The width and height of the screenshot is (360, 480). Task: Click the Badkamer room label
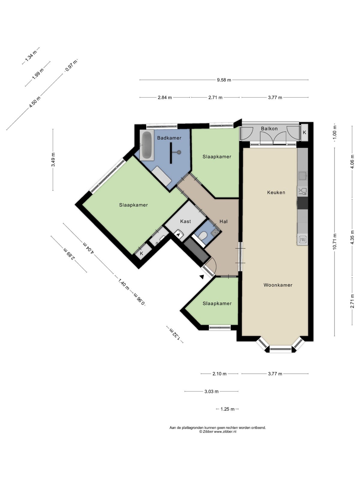click(x=169, y=138)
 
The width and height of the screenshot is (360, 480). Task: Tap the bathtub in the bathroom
click(x=147, y=145)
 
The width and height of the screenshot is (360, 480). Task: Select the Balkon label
click(x=269, y=129)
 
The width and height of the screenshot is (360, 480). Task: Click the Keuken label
click(x=276, y=192)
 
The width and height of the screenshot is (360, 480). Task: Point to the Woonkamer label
click(x=278, y=285)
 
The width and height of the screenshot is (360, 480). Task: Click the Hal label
click(x=223, y=221)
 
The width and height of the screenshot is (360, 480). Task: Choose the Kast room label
click(x=186, y=221)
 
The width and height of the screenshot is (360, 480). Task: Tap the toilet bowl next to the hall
click(x=203, y=236)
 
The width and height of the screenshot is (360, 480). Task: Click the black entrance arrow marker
click(x=202, y=277)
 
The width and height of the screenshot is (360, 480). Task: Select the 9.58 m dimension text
click(x=224, y=80)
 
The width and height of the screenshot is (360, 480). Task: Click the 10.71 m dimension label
click(x=334, y=241)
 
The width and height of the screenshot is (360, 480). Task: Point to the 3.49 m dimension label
click(x=53, y=160)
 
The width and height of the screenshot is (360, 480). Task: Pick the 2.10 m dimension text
click(x=219, y=374)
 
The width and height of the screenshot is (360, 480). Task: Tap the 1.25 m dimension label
click(x=227, y=409)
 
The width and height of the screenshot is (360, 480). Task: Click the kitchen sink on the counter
click(x=303, y=175)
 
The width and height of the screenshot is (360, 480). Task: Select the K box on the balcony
click(x=304, y=132)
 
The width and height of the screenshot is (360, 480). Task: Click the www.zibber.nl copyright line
click(x=218, y=431)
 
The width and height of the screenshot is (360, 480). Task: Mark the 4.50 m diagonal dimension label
click(x=35, y=102)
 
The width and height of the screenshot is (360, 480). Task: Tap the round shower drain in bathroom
click(x=179, y=152)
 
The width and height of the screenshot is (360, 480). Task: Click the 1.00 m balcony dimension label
click(x=334, y=132)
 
